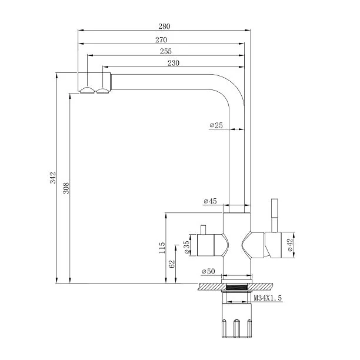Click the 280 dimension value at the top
click(164, 26)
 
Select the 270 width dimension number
click(161, 40)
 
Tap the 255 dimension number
click(166, 51)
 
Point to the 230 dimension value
click(174, 63)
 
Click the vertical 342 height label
click(53, 178)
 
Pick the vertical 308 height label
click(66, 188)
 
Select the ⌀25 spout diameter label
click(216, 125)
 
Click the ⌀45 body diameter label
click(210, 201)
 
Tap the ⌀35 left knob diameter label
click(187, 247)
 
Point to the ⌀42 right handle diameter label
click(290, 245)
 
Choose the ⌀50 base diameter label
click(208, 271)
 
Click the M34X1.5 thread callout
click(268, 298)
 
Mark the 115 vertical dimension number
click(162, 248)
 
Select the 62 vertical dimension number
click(172, 264)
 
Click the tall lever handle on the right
click(275, 215)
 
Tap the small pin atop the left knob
click(203, 230)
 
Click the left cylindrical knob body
click(206, 245)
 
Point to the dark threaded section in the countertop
click(236, 286)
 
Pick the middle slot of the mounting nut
click(236, 328)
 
